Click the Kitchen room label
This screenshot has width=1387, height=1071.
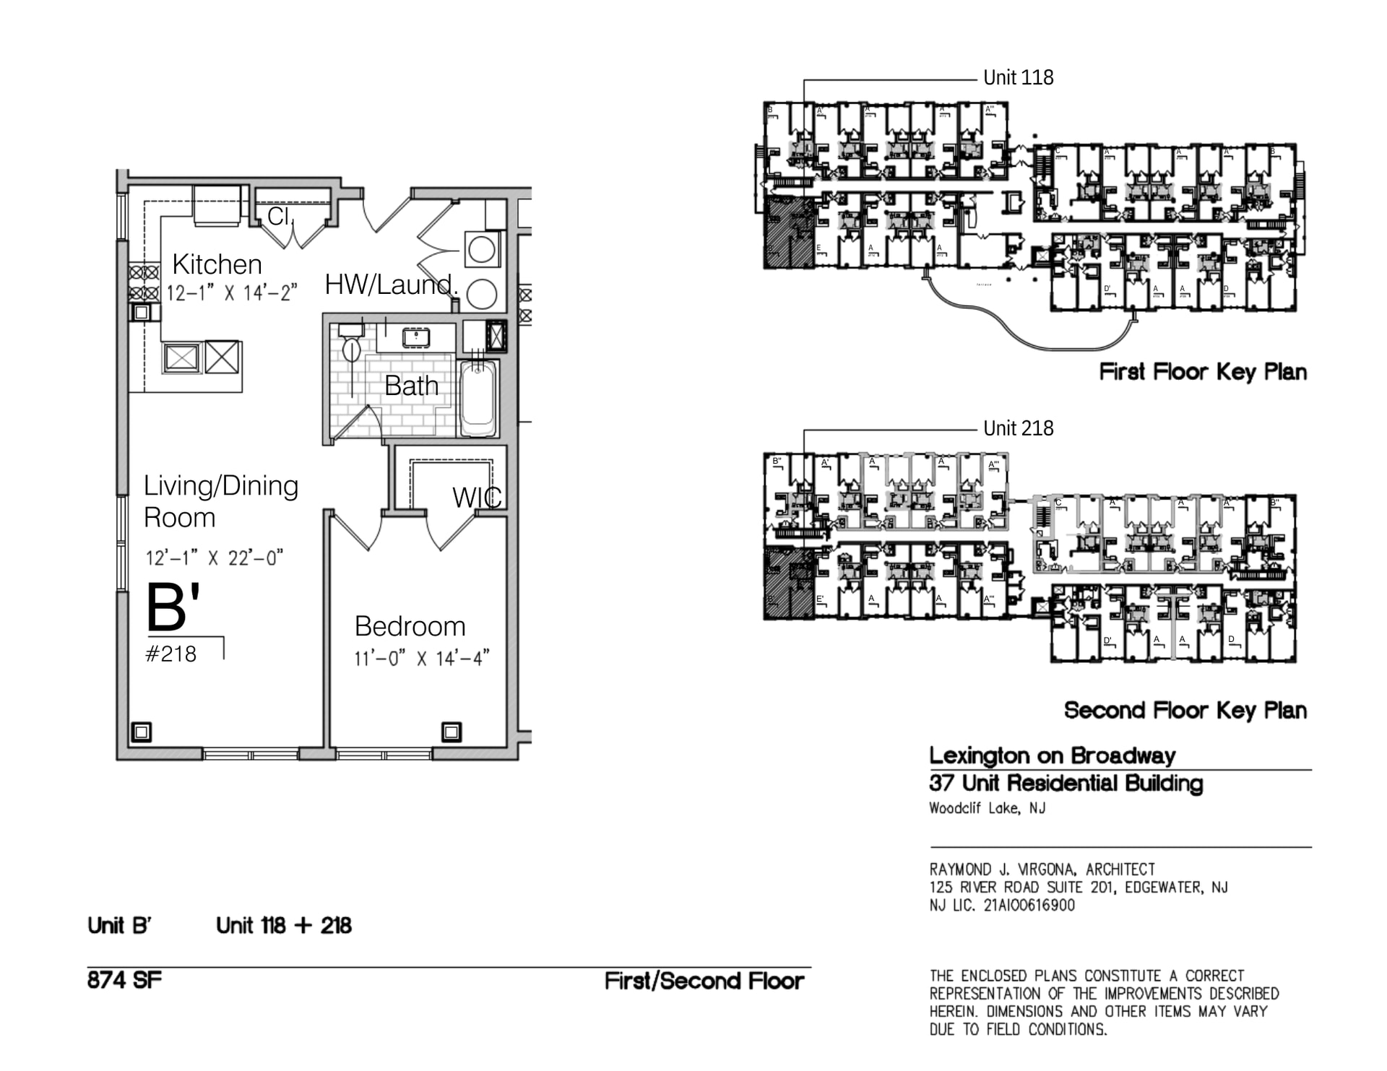tap(217, 264)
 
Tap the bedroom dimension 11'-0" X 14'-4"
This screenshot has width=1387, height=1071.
tap(421, 659)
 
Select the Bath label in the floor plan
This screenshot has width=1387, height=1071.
tap(411, 386)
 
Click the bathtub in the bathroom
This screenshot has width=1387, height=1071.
tap(478, 398)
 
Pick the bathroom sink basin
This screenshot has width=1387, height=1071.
tap(416, 337)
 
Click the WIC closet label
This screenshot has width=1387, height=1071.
tap(476, 498)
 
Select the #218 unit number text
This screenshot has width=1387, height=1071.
tap(170, 654)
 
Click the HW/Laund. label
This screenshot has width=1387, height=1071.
tap(391, 285)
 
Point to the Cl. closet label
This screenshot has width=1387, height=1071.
tap(280, 215)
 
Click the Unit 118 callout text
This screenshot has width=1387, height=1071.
tap(1018, 77)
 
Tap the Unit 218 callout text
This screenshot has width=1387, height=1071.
tap(1018, 428)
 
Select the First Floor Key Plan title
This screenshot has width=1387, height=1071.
tap(1202, 372)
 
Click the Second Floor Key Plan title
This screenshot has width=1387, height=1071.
tap(1185, 710)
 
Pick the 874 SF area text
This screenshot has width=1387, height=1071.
tap(124, 980)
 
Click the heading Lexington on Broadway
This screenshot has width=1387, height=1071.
tap(1052, 755)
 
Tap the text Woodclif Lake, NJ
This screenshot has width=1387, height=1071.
tap(987, 808)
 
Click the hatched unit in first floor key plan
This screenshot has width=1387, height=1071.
tap(788, 232)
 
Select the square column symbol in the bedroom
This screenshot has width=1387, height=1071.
tap(451, 732)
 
